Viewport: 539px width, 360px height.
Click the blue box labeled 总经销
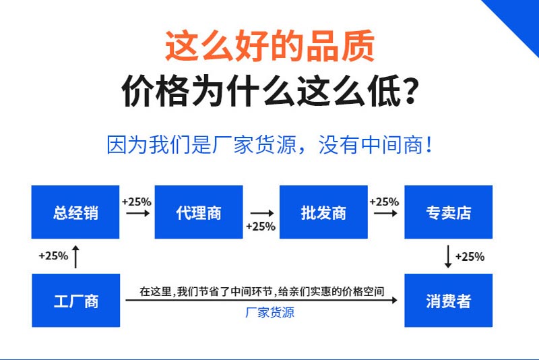pyautogui.click(x=75, y=212)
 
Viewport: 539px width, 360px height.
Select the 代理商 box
pyautogui.click(x=199, y=212)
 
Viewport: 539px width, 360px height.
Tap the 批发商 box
pyautogui.click(x=323, y=212)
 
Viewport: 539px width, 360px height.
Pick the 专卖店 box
pyautogui.click(x=448, y=212)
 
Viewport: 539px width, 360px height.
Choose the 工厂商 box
pyautogui.click(x=76, y=300)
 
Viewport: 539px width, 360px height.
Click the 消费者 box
pyautogui.click(x=448, y=300)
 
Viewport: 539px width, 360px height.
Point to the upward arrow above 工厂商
pyautogui.click(x=75, y=257)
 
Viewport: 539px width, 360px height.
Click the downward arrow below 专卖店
pyautogui.click(x=448, y=256)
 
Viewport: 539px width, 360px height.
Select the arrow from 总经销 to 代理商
pyautogui.click(x=138, y=214)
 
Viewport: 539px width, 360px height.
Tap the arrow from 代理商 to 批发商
pyautogui.click(x=262, y=213)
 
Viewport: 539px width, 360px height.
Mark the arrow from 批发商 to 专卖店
pyautogui.click(x=385, y=214)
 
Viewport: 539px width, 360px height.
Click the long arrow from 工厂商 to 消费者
pyautogui.click(x=261, y=300)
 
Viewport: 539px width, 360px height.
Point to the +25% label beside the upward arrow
pyautogui.click(x=53, y=256)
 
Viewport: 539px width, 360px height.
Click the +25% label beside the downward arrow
pyautogui.click(x=470, y=256)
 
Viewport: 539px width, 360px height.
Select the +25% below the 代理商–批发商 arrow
pyautogui.click(x=261, y=227)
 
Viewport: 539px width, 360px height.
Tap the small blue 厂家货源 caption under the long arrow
pyautogui.click(x=270, y=313)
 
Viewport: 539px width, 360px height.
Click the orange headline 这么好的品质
pyautogui.click(x=270, y=46)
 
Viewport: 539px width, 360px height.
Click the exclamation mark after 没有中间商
pyautogui.click(x=429, y=145)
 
